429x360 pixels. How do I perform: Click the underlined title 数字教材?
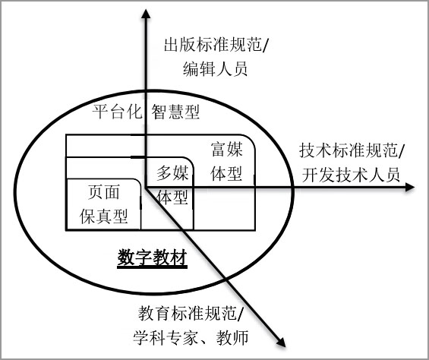coord(152,257)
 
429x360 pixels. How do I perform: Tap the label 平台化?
coord(117,112)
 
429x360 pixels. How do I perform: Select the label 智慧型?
coord(175,112)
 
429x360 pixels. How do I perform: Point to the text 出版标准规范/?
coord(216,45)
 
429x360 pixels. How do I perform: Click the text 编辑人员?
coord(216,68)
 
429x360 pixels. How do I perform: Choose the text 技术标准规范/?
coord(351,150)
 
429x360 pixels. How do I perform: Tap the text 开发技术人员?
coord(351,175)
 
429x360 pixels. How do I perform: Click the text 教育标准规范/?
coord(191,313)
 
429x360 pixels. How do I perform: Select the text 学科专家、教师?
coord(191,337)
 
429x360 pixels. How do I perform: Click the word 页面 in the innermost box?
coord(104,191)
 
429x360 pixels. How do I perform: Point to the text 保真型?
coord(104,216)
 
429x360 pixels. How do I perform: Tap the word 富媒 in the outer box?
coord(227,149)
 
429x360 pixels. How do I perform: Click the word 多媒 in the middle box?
coord(172,173)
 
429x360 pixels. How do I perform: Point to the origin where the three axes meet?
coord(146,188)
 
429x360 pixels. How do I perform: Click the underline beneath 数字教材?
coord(152,267)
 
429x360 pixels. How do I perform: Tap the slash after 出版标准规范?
coord(266,46)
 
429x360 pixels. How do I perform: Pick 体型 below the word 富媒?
coord(226,173)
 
